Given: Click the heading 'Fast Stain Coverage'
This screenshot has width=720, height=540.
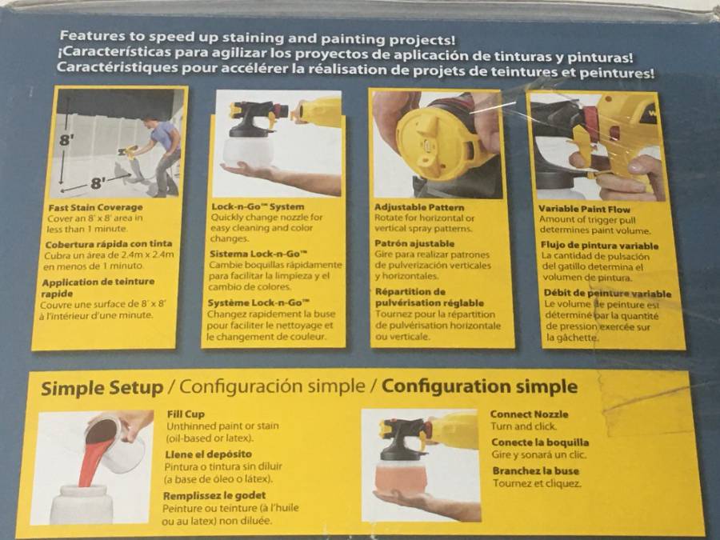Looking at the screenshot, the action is tap(95, 207).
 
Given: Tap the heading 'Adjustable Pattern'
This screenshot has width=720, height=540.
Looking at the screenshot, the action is tap(419, 207).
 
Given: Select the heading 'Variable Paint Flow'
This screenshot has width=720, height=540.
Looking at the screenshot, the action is tap(585, 210).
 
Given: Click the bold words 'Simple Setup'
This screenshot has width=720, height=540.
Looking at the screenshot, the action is tap(102, 388).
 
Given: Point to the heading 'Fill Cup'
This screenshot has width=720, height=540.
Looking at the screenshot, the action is tap(186, 414).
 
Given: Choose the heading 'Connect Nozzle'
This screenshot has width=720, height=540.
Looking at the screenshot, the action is tap(529, 414).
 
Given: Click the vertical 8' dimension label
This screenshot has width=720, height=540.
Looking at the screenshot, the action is tap(66, 139).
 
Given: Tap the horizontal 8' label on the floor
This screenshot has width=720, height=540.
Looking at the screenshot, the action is tap(97, 183).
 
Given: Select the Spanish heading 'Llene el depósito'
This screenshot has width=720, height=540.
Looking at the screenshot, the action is tap(209, 454).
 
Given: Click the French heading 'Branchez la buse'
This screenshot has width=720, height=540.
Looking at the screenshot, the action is tap(536, 471).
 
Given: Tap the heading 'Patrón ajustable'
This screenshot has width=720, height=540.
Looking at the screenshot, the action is tap(414, 243).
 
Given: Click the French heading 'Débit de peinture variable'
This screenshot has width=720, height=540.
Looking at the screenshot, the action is tap(607, 294).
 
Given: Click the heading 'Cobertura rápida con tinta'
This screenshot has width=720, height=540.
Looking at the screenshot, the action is tap(108, 244).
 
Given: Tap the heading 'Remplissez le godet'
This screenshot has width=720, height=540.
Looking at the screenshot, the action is tap(214, 496).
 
